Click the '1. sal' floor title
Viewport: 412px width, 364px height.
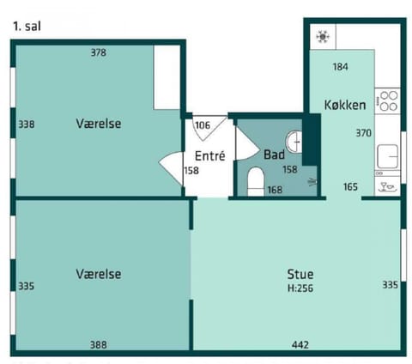click(x=27, y=26)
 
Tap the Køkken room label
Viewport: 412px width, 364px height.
click(x=345, y=106)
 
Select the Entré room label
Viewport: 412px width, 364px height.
click(x=209, y=156)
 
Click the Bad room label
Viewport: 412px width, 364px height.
click(x=274, y=155)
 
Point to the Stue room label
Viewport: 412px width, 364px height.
click(x=300, y=274)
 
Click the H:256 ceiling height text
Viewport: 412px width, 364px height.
click(x=300, y=288)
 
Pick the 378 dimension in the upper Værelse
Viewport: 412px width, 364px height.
click(x=99, y=53)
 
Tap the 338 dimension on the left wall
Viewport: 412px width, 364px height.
click(x=26, y=124)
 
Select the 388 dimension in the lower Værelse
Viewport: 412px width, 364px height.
click(x=99, y=344)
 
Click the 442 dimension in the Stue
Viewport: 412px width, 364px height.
click(x=300, y=344)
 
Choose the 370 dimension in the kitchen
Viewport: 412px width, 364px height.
click(x=364, y=134)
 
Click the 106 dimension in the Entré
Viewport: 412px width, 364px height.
click(x=203, y=125)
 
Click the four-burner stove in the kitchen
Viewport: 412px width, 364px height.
click(x=388, y=100)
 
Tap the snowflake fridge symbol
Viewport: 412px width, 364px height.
click(x=323, y=37)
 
